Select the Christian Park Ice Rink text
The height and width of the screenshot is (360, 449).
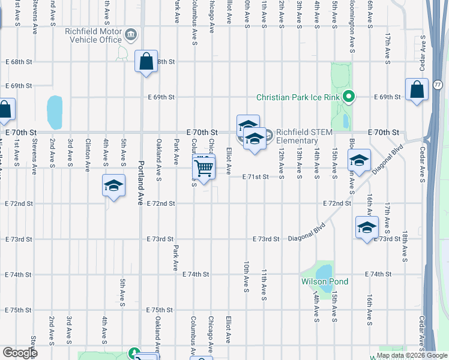pyautogui.click(x=298, y=97)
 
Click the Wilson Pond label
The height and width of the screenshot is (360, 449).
pyautogui.click(x=324, y=281)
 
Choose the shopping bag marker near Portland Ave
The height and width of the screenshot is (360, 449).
pyautogui.click(x=146, y=62)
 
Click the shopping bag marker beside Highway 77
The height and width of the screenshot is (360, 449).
pyautogui.click(x=417, y=90)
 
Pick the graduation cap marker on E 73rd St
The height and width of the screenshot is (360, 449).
pyautogui.click(x=367, y=228)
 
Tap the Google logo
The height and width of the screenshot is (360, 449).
pyautogui.click(x=20, y=353)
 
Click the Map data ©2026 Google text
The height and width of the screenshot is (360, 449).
pyautogui.click(x=412, y=355)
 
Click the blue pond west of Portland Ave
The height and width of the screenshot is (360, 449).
pyautogui.click(x=55, y=112)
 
